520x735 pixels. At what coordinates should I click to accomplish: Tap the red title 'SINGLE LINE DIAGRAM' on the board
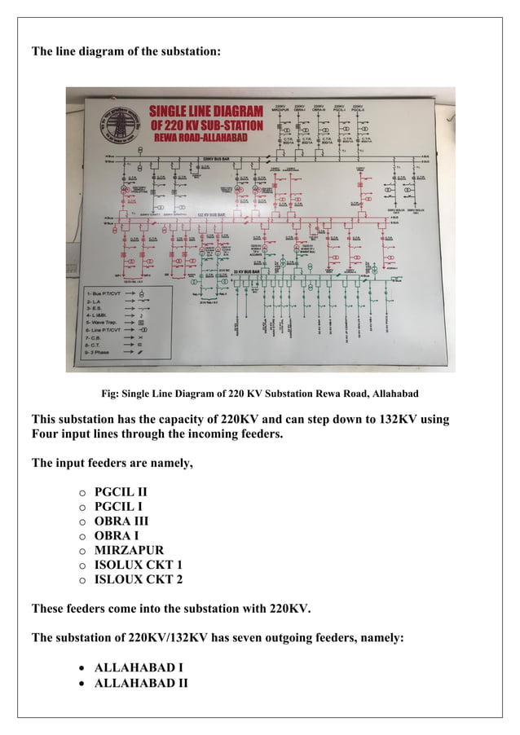coord(205,112)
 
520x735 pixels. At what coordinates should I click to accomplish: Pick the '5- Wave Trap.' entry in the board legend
coord(101,322)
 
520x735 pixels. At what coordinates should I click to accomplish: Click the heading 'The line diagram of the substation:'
coord(126,52)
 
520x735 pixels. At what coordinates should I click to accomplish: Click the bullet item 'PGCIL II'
coord(121,492)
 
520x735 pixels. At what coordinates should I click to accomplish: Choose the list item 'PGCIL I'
coord(118,507)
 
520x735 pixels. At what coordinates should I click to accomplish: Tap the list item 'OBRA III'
coord(121,522)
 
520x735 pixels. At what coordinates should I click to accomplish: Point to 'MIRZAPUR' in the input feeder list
coord(129,551)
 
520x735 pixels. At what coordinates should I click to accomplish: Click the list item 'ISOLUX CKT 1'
coord(139,566)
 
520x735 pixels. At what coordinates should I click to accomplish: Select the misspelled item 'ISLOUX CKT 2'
coord(139,580)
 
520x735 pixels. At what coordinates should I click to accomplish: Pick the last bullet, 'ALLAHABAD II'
coord(141,682)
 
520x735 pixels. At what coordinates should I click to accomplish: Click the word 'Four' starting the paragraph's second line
coord(48,434)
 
